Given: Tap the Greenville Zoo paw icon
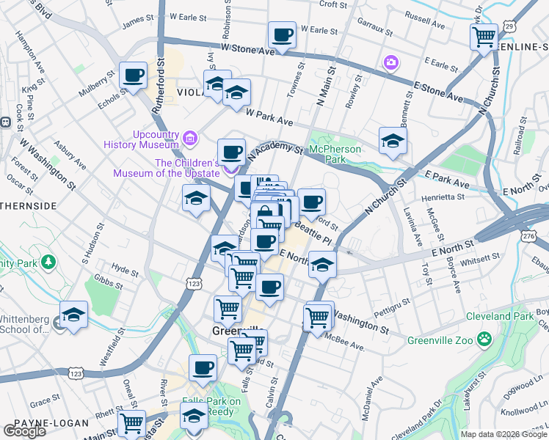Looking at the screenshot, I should click(484, 339).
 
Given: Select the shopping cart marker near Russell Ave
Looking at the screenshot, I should click(484, 36).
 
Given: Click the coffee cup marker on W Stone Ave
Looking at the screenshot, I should click(282, 34).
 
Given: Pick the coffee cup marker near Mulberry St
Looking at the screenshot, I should click(134, 76).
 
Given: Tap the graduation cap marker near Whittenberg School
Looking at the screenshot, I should click(73, 315).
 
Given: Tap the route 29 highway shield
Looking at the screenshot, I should click(510, 26).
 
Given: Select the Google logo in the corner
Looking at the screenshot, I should click(24, 431).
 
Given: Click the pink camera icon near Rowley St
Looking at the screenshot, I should click(391, 62).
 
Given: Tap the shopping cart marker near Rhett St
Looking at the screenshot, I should click(131, 422).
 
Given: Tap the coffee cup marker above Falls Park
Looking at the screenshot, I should click(203, 368).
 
